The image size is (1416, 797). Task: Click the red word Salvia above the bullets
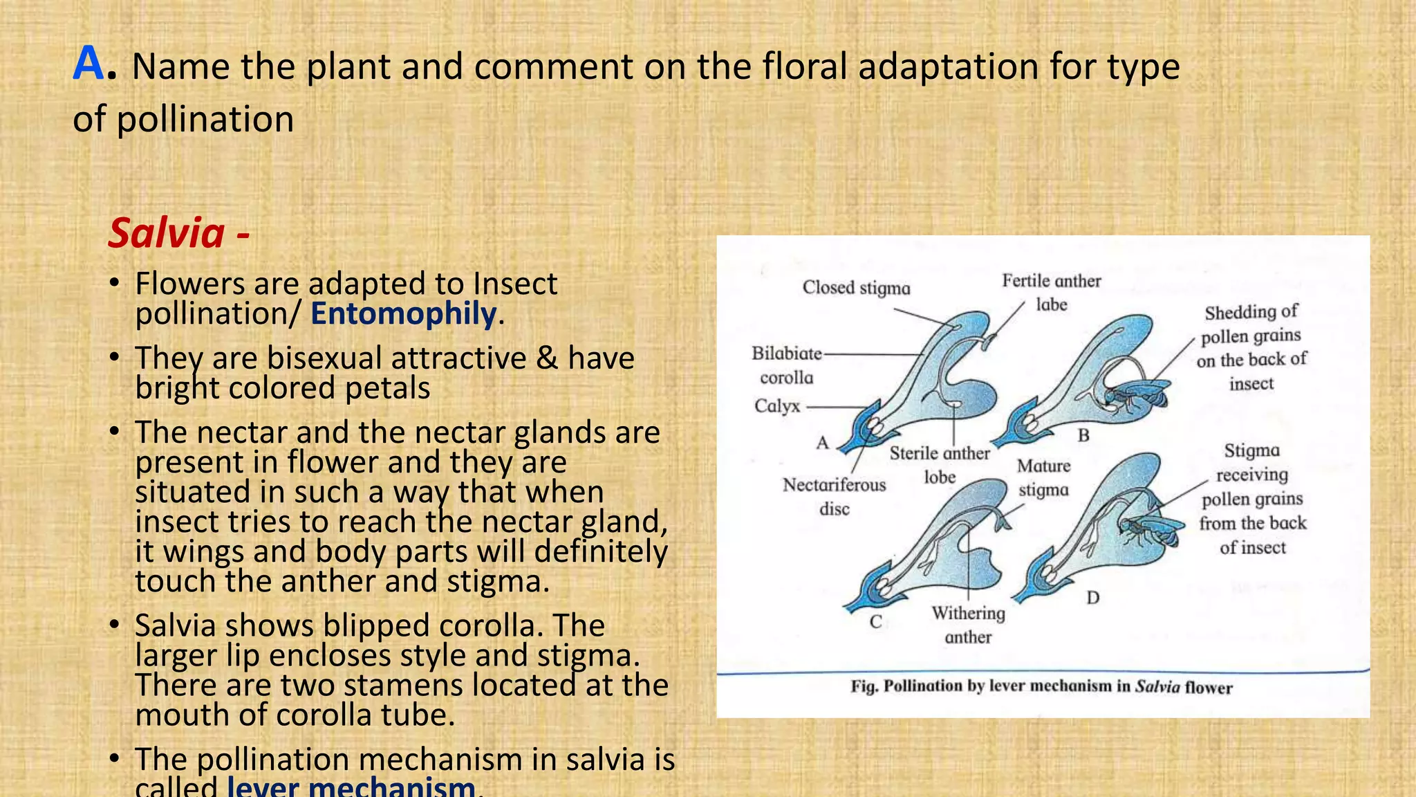click(x=167, y=233)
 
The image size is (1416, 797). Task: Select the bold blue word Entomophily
click(x=403, y=314)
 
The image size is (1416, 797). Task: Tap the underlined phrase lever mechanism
click(x=351, y=787)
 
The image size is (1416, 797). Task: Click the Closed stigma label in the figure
click(x=856, y=288)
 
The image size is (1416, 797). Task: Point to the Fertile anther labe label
click(x=1051, y=292)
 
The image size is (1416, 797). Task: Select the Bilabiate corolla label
click(x=787, y=365)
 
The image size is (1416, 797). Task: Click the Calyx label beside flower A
click(x=776, y=406)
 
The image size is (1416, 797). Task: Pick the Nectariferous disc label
click(x=834, y=496)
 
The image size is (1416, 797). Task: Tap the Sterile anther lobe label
click(x=940, y=464)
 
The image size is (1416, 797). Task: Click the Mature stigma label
click(x=1043, y=477)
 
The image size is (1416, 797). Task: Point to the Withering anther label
click(x=968, y=624)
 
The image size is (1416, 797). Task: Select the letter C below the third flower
click(x=875, y=621)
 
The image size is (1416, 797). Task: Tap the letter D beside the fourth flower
click(x=1092, y=597)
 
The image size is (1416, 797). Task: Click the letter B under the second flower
click(x=1083, y=435)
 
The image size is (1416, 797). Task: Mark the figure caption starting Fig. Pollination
click(x=1041, y=687)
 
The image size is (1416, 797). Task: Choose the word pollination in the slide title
click(x=205, y=120)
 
